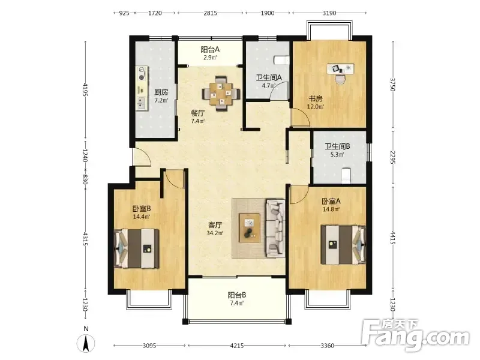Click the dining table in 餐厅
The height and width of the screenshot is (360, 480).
point(221,93)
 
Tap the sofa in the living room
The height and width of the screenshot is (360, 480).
point(275,228)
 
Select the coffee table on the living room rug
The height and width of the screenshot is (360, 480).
point(250,228)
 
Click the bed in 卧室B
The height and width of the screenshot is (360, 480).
point(137,248)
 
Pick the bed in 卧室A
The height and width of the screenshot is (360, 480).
point(343,245)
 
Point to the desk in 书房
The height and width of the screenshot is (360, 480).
point(340,68)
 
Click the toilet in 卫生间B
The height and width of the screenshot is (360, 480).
point(346,176)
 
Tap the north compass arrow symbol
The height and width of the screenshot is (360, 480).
point(86,343)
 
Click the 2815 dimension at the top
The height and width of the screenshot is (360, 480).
point(211,13)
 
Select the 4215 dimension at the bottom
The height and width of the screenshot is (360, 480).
point(236,346)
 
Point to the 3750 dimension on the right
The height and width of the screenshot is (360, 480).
point(394,84)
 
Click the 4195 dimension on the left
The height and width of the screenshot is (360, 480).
point(85,89)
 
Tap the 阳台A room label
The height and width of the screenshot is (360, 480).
point(210,49)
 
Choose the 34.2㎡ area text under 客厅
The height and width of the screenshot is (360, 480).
point(215,233)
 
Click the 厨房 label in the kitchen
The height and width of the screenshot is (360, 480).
point(161,92)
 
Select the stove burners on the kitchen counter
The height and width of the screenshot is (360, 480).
point(142,73)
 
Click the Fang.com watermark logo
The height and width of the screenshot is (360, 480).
point(415,336)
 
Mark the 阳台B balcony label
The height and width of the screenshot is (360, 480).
point(236,295)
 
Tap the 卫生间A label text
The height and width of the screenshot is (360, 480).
point(268,78)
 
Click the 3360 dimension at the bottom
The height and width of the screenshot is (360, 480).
point(327,346)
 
